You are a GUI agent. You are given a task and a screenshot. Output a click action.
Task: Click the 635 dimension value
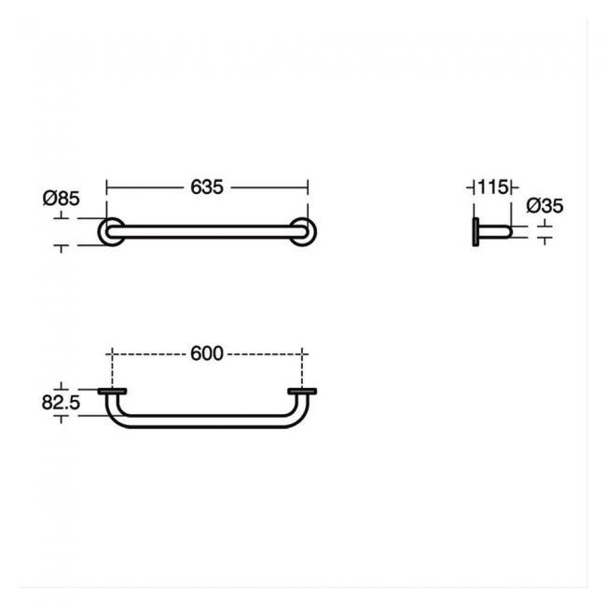[207, 187]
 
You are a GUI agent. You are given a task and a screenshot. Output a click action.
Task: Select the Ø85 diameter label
[61, 199]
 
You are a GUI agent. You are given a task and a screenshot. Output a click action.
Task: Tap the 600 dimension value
[207, 353]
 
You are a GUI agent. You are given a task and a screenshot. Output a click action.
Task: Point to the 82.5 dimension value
[61, 403]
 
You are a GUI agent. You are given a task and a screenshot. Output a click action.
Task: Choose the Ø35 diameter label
[544, 206]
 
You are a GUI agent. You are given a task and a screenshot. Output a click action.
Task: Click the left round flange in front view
[102, 232]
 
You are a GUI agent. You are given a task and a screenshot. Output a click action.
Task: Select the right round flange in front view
[312, 232]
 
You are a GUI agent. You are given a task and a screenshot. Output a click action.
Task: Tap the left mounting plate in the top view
[112, 392]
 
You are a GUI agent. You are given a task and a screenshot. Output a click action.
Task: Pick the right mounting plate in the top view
[302, 392]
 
